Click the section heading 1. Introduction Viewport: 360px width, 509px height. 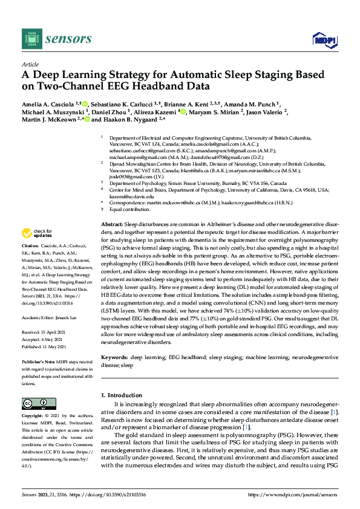point(123,395)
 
